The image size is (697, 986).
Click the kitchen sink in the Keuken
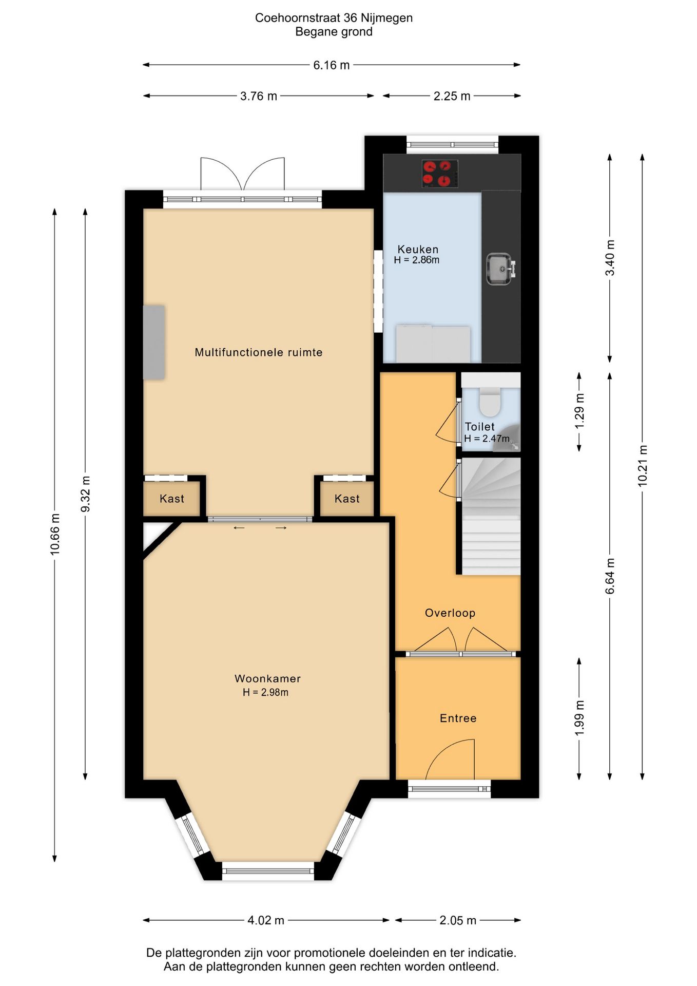(x=499, y=269)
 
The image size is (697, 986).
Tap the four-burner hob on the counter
(x=440, y=174)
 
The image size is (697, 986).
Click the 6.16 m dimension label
(x=332, y=65)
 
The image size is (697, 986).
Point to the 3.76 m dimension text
(x=259, y=96)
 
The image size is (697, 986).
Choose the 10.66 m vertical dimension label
(x=55, y=534)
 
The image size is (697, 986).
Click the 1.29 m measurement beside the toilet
(x=579, y=411)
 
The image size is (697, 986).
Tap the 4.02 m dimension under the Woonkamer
(x=266, y=920)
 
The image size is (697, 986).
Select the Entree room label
(x=458, y=718)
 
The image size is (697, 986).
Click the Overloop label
(x=450, y=613)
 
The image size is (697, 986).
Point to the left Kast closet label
(x=172, y=499)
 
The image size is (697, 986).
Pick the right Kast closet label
(x=347, y=499)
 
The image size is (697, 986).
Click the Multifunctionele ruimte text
(x=259, y=352)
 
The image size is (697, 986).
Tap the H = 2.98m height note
(x=265, y=692)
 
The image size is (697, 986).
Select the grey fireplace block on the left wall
(x=154, y=343)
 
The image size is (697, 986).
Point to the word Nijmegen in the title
(x=386, y=18)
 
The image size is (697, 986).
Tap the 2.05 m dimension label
(x=458, y=920)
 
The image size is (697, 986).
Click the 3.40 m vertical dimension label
(x=610, y=258)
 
